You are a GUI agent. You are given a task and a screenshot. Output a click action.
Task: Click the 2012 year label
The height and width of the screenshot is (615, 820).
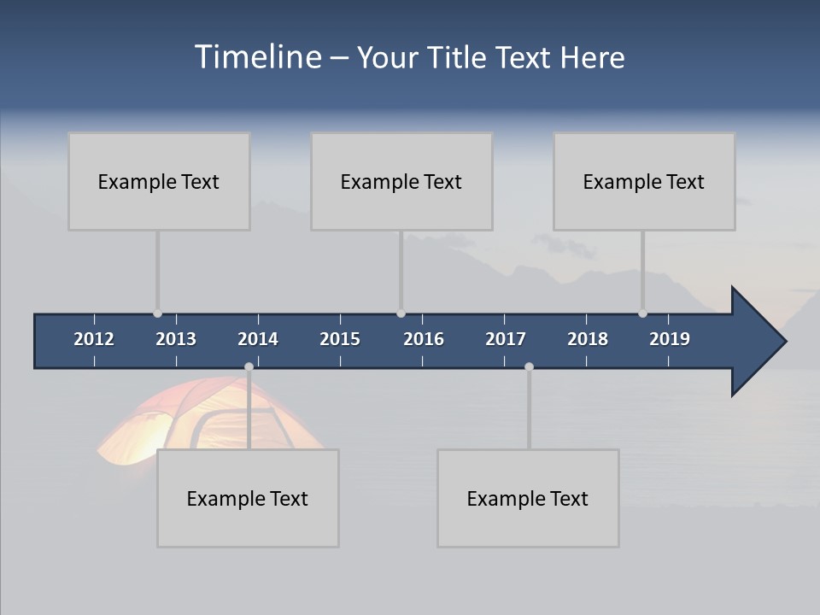click(94, 339)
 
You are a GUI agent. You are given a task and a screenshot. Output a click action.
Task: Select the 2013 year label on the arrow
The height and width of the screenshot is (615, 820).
click(176, 339)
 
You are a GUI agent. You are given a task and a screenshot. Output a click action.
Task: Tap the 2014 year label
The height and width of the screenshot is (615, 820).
click(258, 339)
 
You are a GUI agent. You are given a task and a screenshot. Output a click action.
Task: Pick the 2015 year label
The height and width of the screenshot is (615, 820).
click(340, 339)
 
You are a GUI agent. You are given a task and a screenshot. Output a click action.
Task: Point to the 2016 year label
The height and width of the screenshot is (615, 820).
click(424, 339)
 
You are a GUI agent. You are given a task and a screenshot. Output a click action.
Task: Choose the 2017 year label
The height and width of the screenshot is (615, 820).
click(506, 339)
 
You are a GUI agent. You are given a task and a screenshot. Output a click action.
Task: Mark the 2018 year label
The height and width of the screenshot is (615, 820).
click(588, 339)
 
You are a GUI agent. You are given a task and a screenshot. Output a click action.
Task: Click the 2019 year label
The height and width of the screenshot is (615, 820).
click(670, 339)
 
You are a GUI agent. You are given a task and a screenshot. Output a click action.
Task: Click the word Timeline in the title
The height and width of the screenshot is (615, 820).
click(257, 57)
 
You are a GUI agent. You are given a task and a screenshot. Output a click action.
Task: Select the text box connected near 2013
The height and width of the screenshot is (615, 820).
click(159, 181)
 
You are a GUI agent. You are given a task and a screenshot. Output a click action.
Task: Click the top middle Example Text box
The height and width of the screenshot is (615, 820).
click(401, 181)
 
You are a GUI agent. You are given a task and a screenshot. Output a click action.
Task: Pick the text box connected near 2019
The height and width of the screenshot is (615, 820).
click(644, 181)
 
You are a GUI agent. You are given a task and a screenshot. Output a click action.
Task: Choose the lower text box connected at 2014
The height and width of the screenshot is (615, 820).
click(248, 498)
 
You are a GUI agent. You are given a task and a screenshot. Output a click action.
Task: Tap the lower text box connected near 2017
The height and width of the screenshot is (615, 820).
click(528, 498)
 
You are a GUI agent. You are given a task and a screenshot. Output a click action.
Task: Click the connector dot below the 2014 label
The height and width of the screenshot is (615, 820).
click(249, 366)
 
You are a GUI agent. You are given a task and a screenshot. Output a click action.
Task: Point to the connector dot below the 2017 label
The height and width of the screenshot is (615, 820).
click(529, 366)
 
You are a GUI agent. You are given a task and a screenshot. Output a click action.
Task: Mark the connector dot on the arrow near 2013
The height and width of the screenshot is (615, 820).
click(157, 313)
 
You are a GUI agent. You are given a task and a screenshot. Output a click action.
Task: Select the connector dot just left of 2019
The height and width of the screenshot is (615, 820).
click(642, 313)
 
